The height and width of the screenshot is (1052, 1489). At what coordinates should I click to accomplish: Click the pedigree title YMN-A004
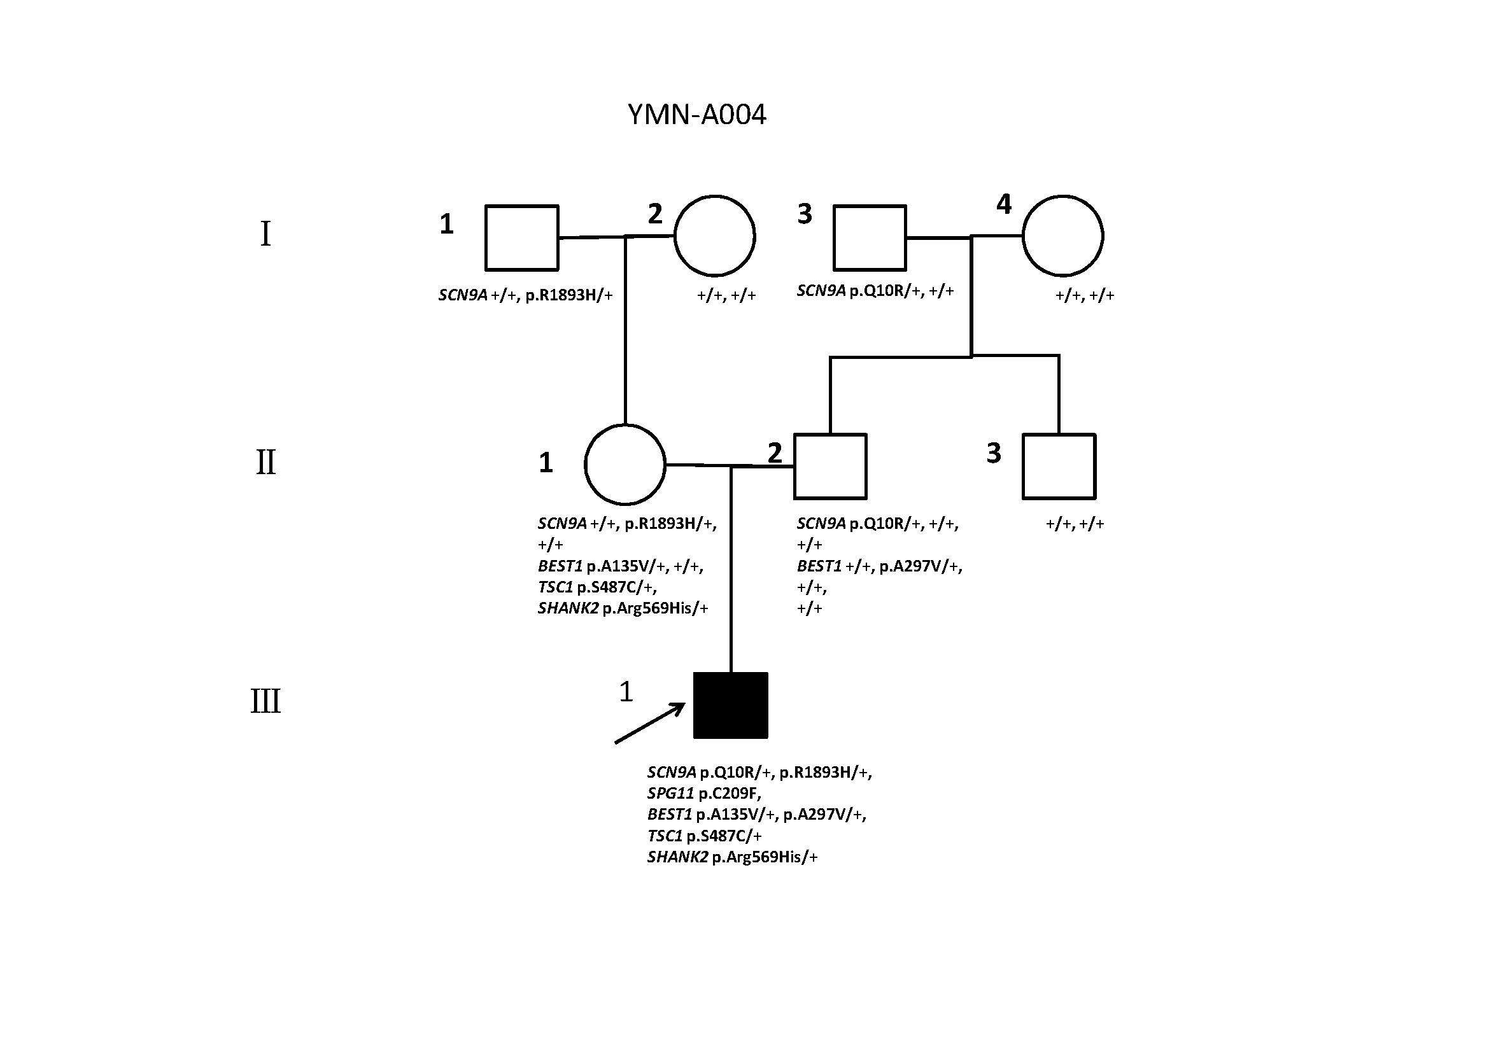696,115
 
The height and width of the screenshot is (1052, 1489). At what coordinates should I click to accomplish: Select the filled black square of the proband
731,705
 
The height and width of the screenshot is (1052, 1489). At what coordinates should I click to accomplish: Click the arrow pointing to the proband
649,723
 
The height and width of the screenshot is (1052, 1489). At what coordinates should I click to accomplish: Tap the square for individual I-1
522,238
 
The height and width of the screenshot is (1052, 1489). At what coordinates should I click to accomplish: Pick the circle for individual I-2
715,236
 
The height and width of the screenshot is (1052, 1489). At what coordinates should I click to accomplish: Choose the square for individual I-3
870,238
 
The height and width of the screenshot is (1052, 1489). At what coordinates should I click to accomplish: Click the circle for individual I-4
1063,236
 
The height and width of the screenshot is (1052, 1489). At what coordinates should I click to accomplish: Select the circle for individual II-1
625,464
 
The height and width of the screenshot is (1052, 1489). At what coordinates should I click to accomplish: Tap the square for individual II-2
831,466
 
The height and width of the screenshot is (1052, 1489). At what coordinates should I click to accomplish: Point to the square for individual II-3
1059,466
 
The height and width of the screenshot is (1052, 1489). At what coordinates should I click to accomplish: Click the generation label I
265,234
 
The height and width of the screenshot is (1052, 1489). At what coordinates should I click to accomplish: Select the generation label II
266,463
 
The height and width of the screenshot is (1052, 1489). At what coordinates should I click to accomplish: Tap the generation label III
266,702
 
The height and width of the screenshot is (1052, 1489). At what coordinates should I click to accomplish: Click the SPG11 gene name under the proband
670,794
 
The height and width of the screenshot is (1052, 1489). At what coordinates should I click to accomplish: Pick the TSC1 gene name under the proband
665,836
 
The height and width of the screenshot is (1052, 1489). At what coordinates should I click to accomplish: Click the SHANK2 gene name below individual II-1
568,608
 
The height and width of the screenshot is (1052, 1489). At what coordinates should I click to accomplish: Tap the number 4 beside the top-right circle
1003,204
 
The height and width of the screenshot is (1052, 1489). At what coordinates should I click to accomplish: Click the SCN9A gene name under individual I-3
821,291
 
